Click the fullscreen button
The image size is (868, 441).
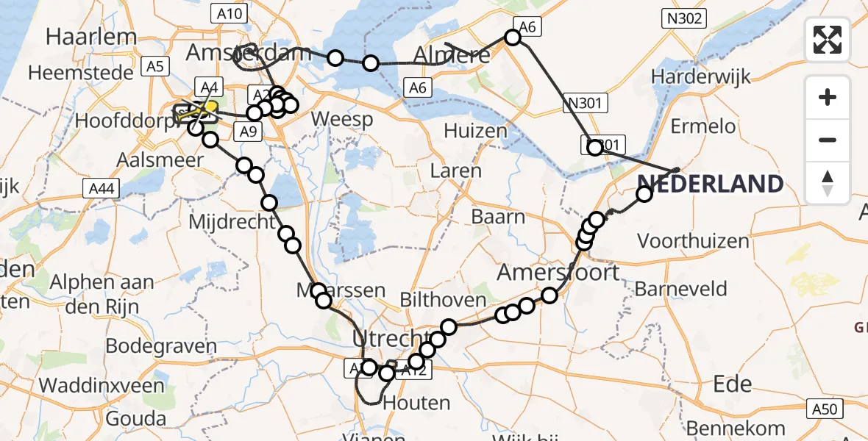coord(828,39)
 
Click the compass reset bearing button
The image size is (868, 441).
coord(828,182)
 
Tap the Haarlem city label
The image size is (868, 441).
coord(92,36)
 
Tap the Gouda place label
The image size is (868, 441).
coord(135,418)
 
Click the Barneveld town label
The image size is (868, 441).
coord(680,289)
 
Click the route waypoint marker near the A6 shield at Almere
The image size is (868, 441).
coord(513,37)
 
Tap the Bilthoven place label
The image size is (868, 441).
coord(443,300)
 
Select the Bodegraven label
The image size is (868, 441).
coord(161,345)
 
